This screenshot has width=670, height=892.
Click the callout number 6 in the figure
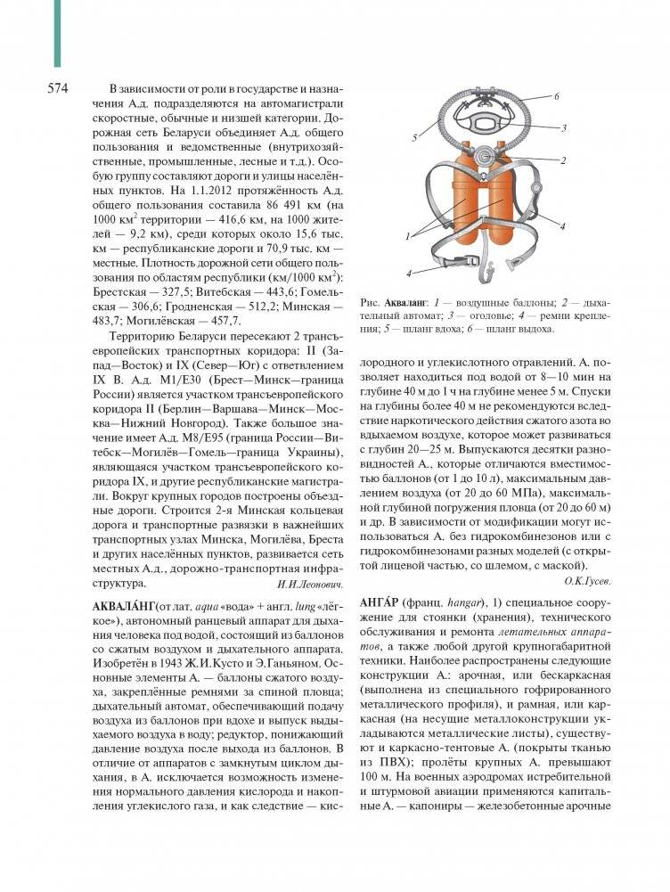click(555, 95)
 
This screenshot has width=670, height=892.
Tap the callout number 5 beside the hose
click(415, 138)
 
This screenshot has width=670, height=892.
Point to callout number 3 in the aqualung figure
click(563, 127)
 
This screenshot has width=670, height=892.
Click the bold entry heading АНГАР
click(380, 601)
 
